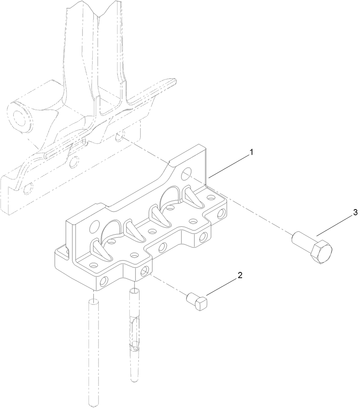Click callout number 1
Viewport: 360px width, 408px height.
point(251,152)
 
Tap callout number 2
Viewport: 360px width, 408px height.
point(239,275)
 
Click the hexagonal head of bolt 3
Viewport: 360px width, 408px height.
point(322,251)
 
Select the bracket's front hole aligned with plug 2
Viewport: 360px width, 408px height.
point(145,271)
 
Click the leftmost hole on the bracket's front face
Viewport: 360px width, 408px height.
point(103,282)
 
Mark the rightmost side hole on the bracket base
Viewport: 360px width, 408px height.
point(221,213)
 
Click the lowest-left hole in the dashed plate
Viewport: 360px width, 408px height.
point(26,188)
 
